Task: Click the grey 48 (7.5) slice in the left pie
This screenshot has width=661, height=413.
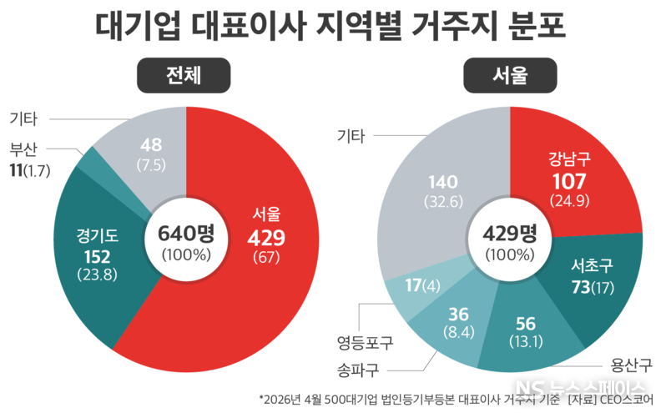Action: click(x=150, y=150)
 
